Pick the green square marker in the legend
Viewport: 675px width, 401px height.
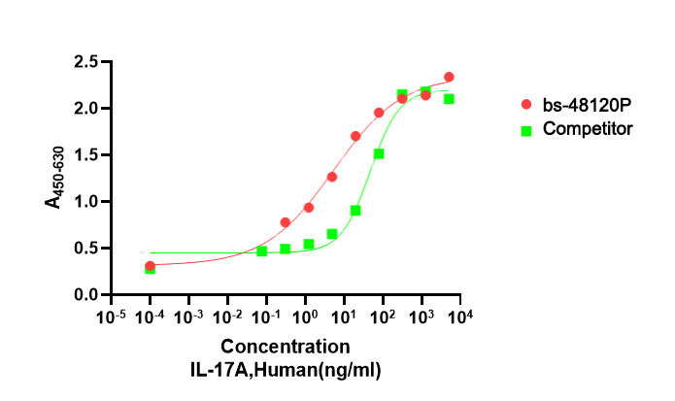tap(525, 129)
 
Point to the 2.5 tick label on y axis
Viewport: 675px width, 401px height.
tap(85, 62)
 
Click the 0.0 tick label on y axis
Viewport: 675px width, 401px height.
tap(85, 295)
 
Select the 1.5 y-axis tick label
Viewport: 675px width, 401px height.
tap(85, 155)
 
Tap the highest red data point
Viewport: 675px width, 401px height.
tap(449, 77)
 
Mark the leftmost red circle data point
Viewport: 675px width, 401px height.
tap(150, 265)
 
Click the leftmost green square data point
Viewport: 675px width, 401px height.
tap(150, 269)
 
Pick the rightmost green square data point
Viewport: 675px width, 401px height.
tap(449, 99)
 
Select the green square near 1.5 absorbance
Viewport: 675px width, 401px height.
tap(379, 153)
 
